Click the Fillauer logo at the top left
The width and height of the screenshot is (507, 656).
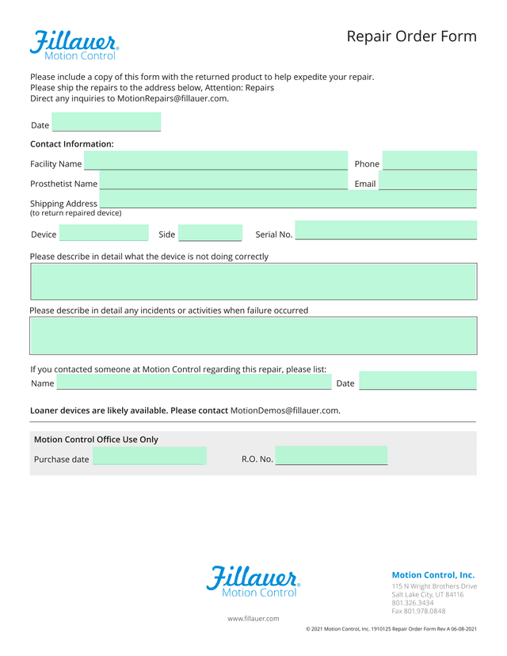(x=74, y=44)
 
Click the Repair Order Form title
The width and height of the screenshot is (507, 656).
(x=411, y=36)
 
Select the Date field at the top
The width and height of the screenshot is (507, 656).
(x=106, y=123)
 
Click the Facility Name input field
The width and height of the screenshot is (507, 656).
(x=211, y=161)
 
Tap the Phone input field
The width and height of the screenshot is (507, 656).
(x=429, y=161)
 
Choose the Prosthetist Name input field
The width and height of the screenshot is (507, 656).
(x=218, y=181)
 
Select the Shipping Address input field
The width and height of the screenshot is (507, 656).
(x=288, y=200)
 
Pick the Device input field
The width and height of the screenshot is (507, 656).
(x=104, y=232)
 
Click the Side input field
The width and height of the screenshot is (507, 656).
(x=210, y=232)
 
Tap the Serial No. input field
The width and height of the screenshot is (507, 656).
(x=386, y=231)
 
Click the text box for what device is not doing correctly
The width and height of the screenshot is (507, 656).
(x=253, y=281)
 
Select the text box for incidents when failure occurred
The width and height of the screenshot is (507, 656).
(x=253, y=335)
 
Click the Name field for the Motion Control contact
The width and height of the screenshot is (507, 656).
(x=193, y=382)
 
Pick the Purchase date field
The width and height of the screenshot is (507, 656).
(x=149, y=456)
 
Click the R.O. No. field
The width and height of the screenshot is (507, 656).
(x=331, y=456)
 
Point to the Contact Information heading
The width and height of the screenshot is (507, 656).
(x=72, y=144)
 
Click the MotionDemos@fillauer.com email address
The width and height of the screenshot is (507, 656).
(x=284, y=410)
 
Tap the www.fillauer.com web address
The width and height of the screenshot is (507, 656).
(x=253, y=618)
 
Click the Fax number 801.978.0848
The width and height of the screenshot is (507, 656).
(x=418, y=611)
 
